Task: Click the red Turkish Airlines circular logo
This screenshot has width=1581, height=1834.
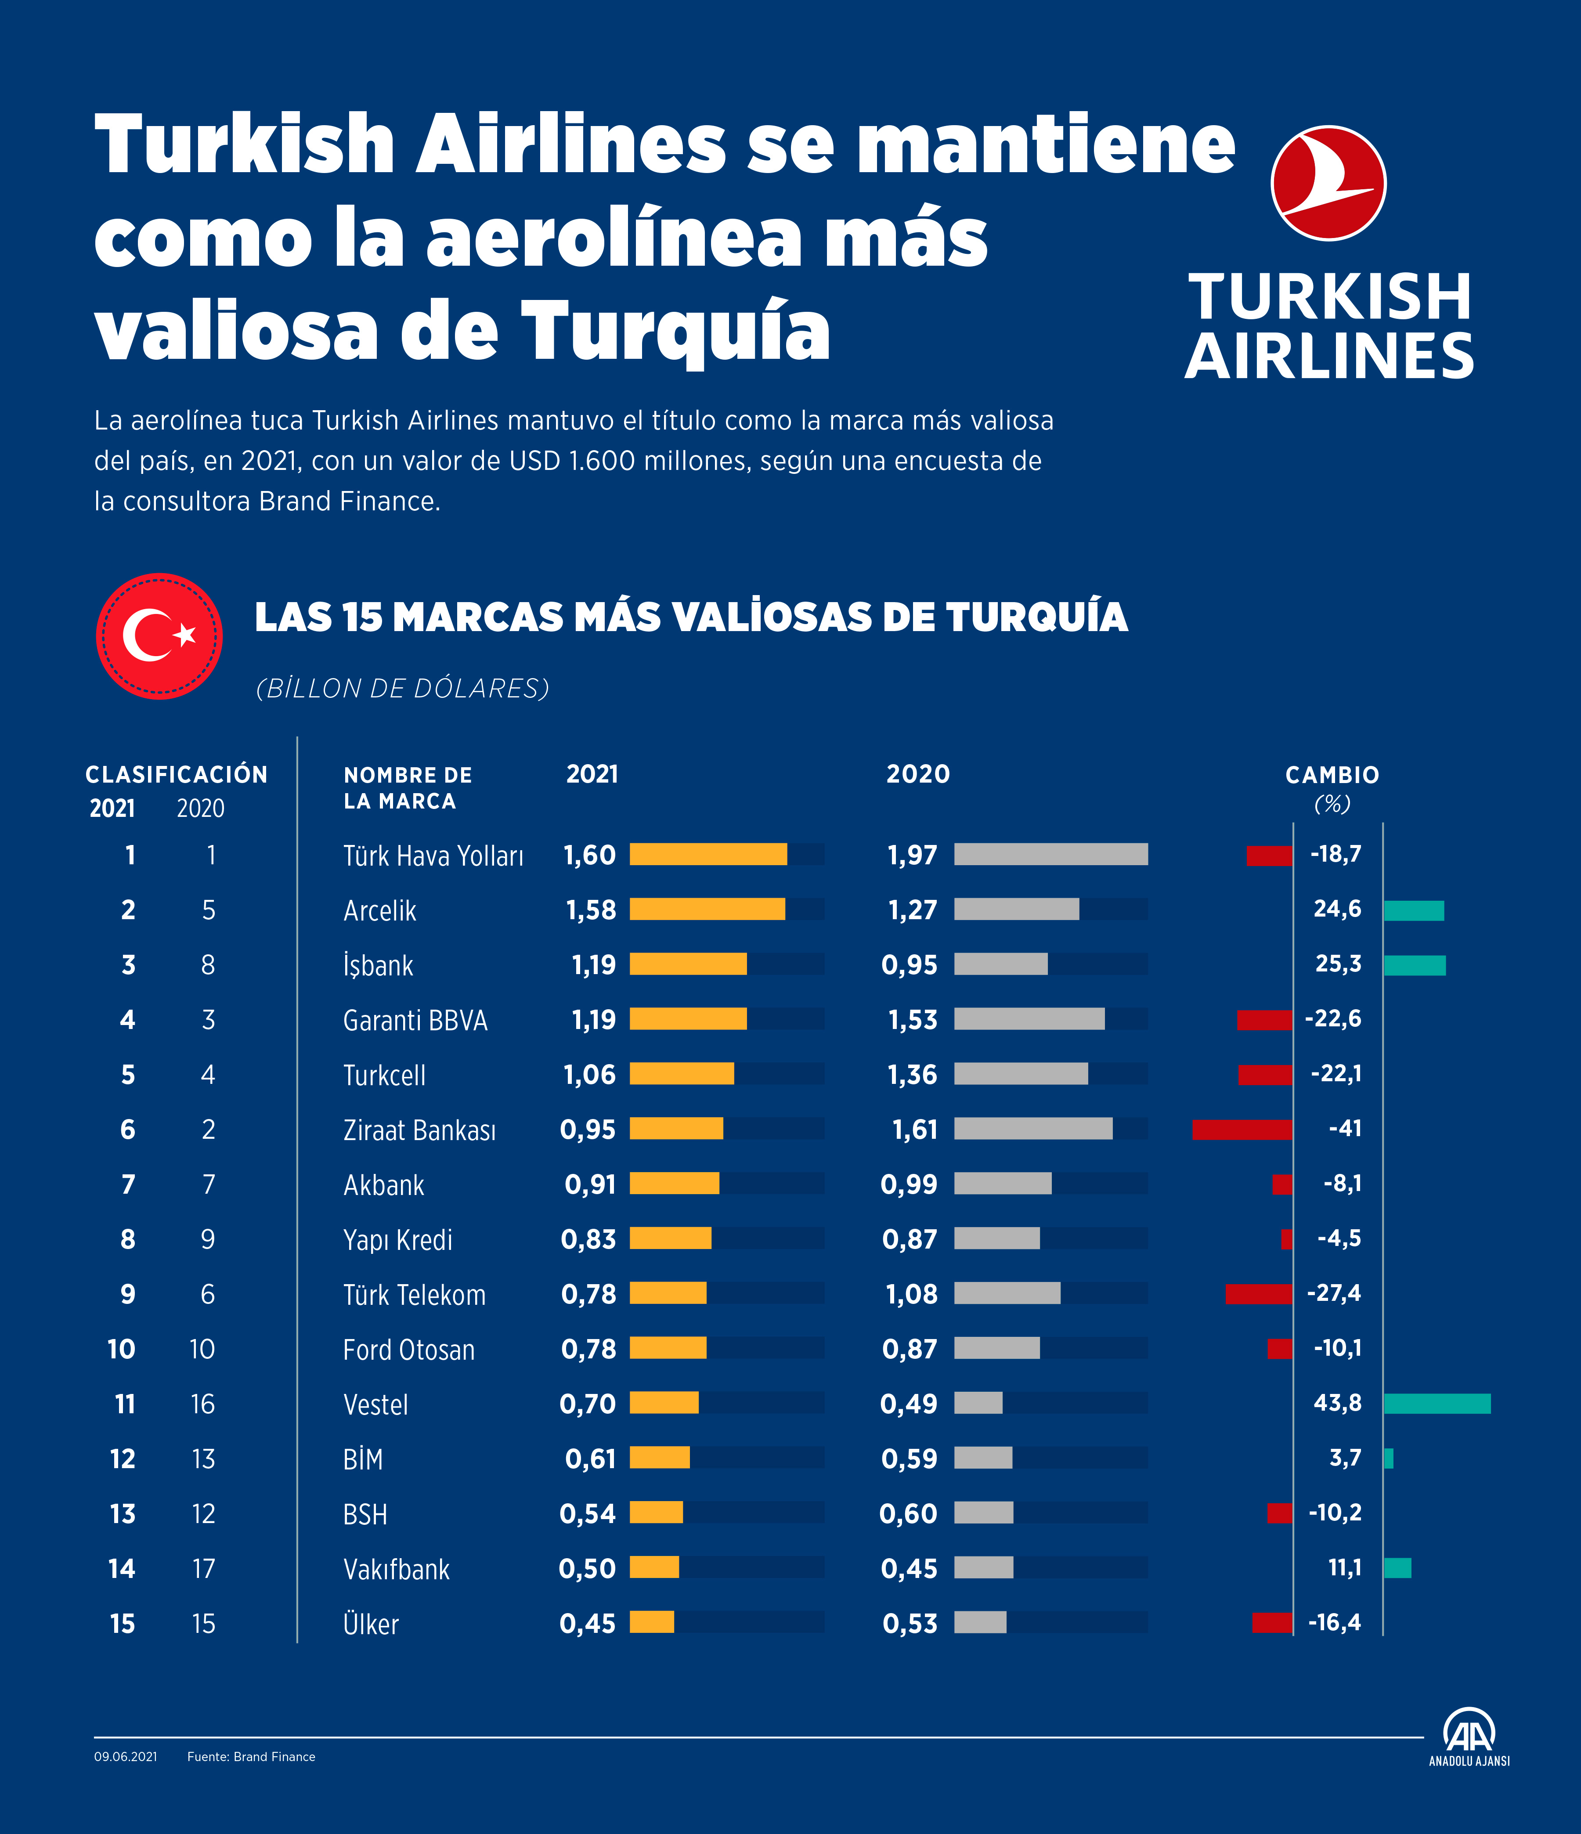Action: pyautogui.click(x=1328, y=183)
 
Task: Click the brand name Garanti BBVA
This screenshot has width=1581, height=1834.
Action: pyautogui.click(x=415, y=1021)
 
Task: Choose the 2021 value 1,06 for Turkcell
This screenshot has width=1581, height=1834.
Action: pyautogui.click(x=589, y=1075)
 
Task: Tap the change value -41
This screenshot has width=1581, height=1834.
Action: pyautogui.click(x=1345, y=1129)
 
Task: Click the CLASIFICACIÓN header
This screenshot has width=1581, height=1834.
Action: pyautogui.click(x=176, y=776)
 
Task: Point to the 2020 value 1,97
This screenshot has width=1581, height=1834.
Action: pyautogui.click(x=912, y=855)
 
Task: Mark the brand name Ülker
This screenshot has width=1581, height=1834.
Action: pyautogui.click(x=371, y=1624)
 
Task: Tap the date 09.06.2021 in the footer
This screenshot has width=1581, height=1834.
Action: pyautogui.click(x=126, y=1756)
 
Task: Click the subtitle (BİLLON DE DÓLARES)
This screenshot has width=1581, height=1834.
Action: pyautogui.click(x=403, y=688)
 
